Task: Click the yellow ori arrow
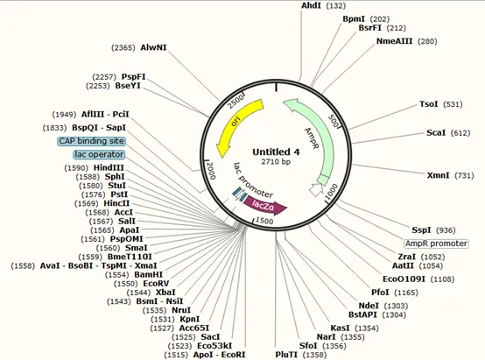tap(235, 124)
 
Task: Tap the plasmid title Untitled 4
tap(276, 152)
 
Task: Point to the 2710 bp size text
tap(276, 161)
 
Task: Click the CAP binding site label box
tap(92, 141)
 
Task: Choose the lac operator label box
tap(99, 154)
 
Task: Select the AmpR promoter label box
tap(436, 244)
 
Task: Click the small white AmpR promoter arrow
tap(316, 189)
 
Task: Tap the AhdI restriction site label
tap(312, 5)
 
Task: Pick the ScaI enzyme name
tap(436, 133)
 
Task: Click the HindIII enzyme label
tap(109, 168)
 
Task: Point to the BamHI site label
tap(149, 274)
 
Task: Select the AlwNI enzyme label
tap(153, 47)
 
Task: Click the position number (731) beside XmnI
tap(464, 175)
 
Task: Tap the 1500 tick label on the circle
tap(264, 221)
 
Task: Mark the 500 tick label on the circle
tap(334, 121)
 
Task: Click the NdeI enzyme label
tap(369, 306)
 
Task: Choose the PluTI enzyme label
tap(286, 355)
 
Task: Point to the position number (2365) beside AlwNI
tap(123, 47)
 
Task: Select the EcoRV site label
tap(156, 284)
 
